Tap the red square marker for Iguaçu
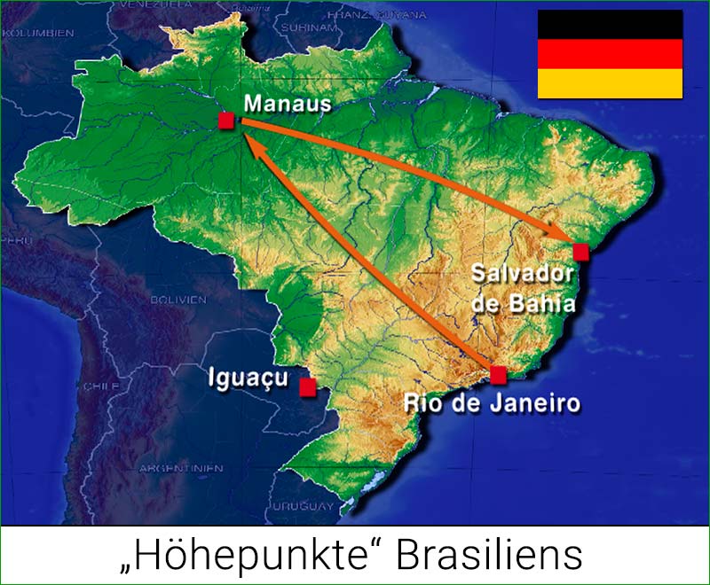[x=308, y=387]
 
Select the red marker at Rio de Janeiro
[x=498, y=374]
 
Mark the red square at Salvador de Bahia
[x=581, y=252]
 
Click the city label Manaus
[x=287, y=105]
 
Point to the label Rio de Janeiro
[x=492, y=404]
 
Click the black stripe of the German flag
[x=609, y=25]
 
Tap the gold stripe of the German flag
[x=609, y=83]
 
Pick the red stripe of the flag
[x=609, y=54]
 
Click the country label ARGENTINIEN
[x=165, y=467]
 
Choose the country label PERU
[x=18, y=240]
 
